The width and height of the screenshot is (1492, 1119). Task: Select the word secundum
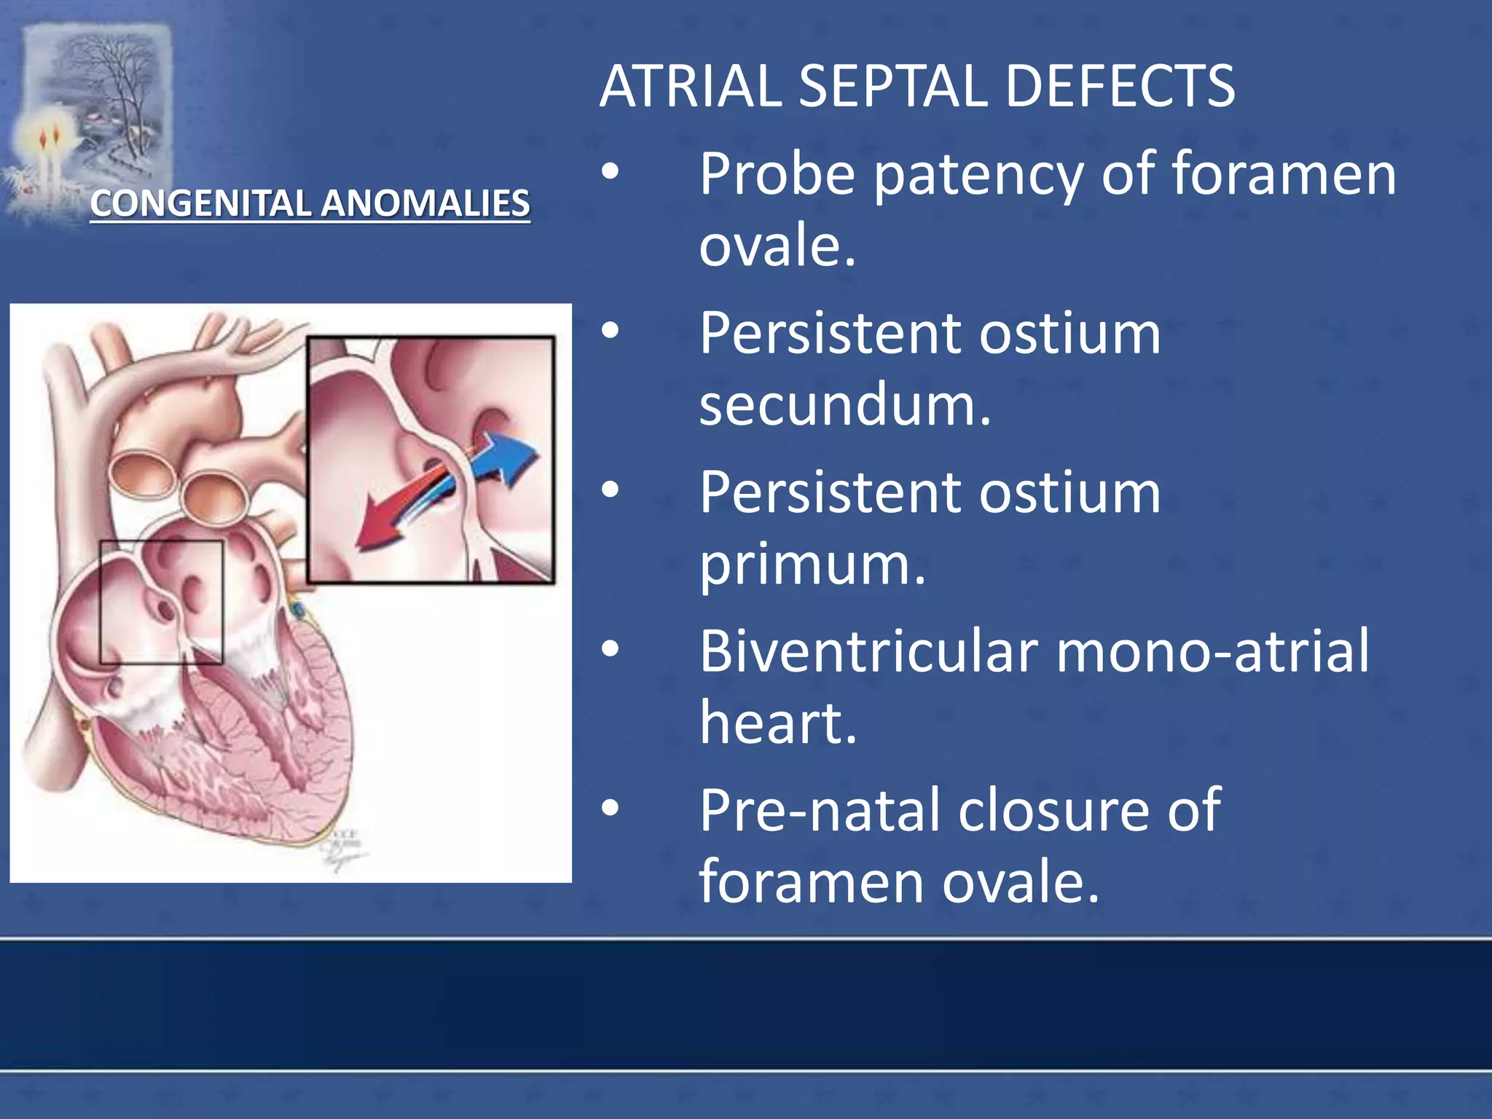845,404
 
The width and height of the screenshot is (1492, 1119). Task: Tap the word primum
812,565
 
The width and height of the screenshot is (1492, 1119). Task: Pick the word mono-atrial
1212,651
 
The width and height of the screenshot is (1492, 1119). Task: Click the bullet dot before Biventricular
610,648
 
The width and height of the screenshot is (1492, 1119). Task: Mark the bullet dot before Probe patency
610,172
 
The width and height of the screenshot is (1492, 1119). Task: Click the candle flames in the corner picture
49,137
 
